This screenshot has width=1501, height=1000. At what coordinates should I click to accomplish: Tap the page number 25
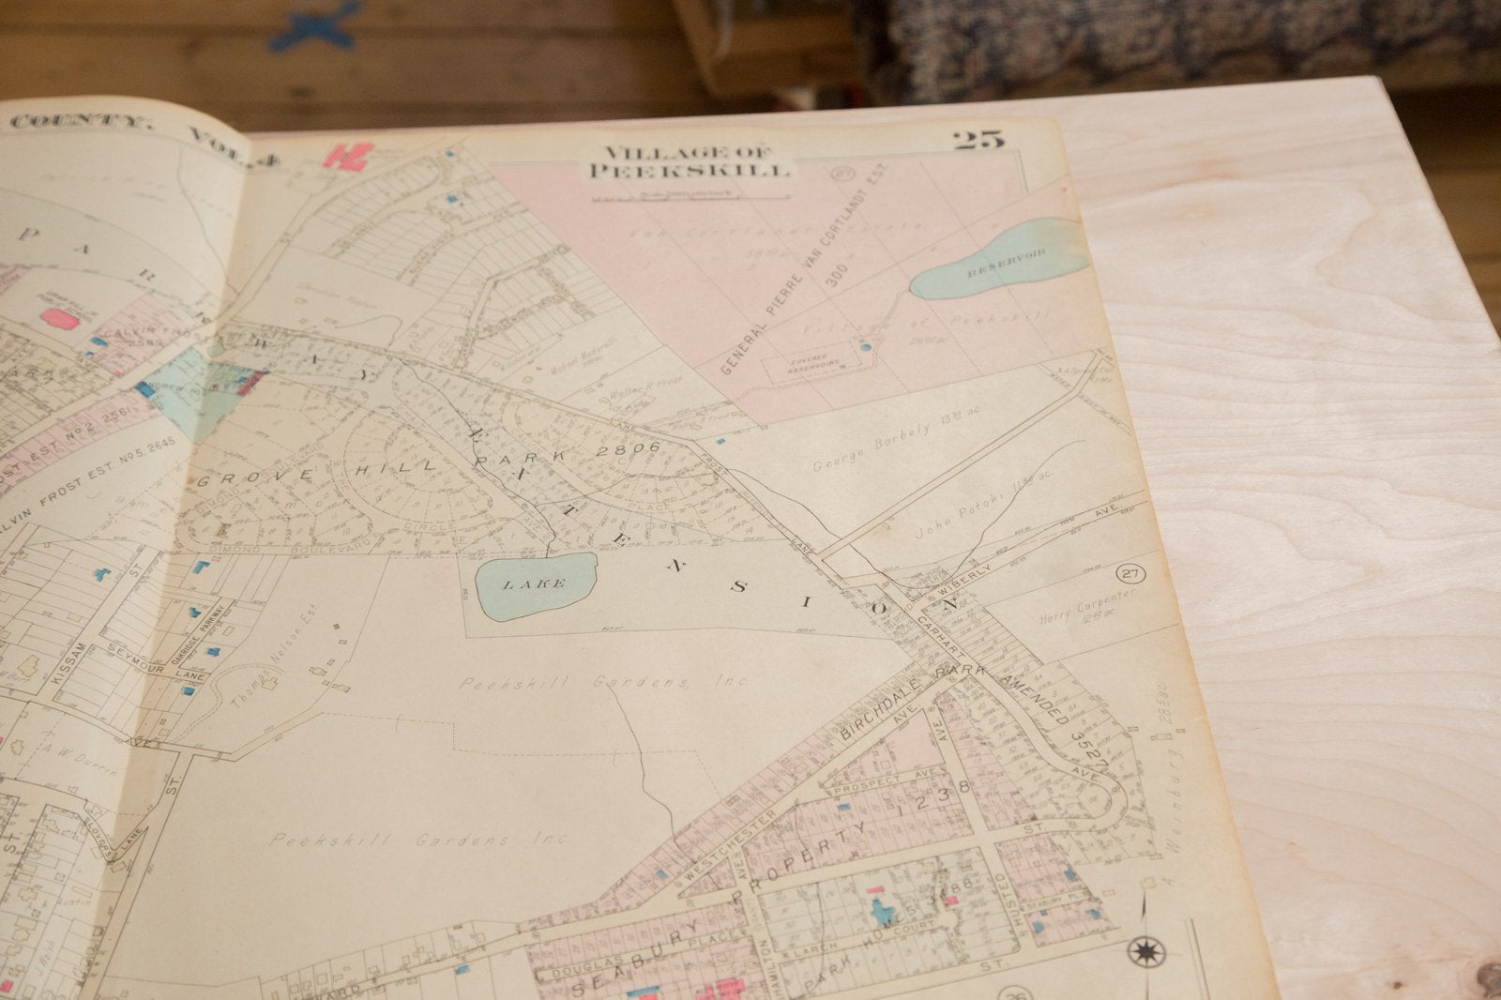coord(978,141)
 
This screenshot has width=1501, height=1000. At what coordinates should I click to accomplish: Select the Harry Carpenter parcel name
coord(1088,607)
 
